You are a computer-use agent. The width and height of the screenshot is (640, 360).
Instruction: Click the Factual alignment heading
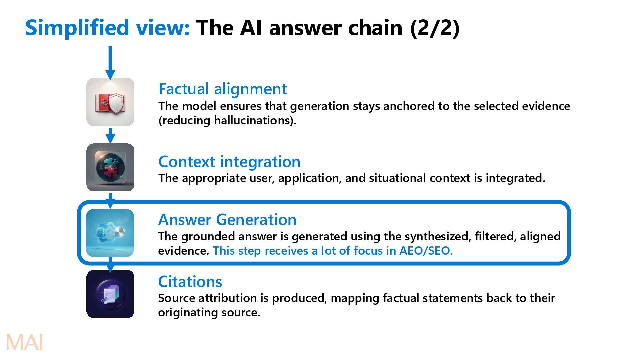pyautogui.click(x=222, y=89)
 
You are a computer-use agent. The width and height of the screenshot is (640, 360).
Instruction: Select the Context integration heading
pyautogui.click(x=229, y=162)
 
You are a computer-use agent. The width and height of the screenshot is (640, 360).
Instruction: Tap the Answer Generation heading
pyautogui.click(x=227, y=220)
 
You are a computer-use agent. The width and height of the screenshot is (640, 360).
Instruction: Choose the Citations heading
pyautogui.click(x=190, y=282)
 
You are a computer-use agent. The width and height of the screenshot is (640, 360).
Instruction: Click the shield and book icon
pyautogui.click(x=110, y=102)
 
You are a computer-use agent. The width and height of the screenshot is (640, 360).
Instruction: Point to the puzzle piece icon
pyautogui.click(x=110, y=167)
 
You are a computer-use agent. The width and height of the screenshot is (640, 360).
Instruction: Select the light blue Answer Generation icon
pyautogui.click(x=110, y=233)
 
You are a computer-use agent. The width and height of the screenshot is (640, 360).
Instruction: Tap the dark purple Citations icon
pyautogui.click(x=110, y=294)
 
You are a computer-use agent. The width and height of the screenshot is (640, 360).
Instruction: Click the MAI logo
pyautogui.click(x=25, y=342)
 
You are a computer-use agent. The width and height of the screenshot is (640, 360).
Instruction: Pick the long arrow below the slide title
pyautogui.click(x=110, y=63)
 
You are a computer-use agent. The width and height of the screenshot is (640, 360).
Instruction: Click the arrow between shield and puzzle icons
pyautogui.click(x=110, y=136)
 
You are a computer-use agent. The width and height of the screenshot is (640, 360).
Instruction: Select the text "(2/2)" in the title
pyautogui.click(x=435, y=28)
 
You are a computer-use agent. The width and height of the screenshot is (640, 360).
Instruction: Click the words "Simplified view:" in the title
pyautogui.click(x=107, y=28)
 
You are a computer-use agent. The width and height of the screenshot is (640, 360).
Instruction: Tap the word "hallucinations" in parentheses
pyautogui.click(x=253, y=120)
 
